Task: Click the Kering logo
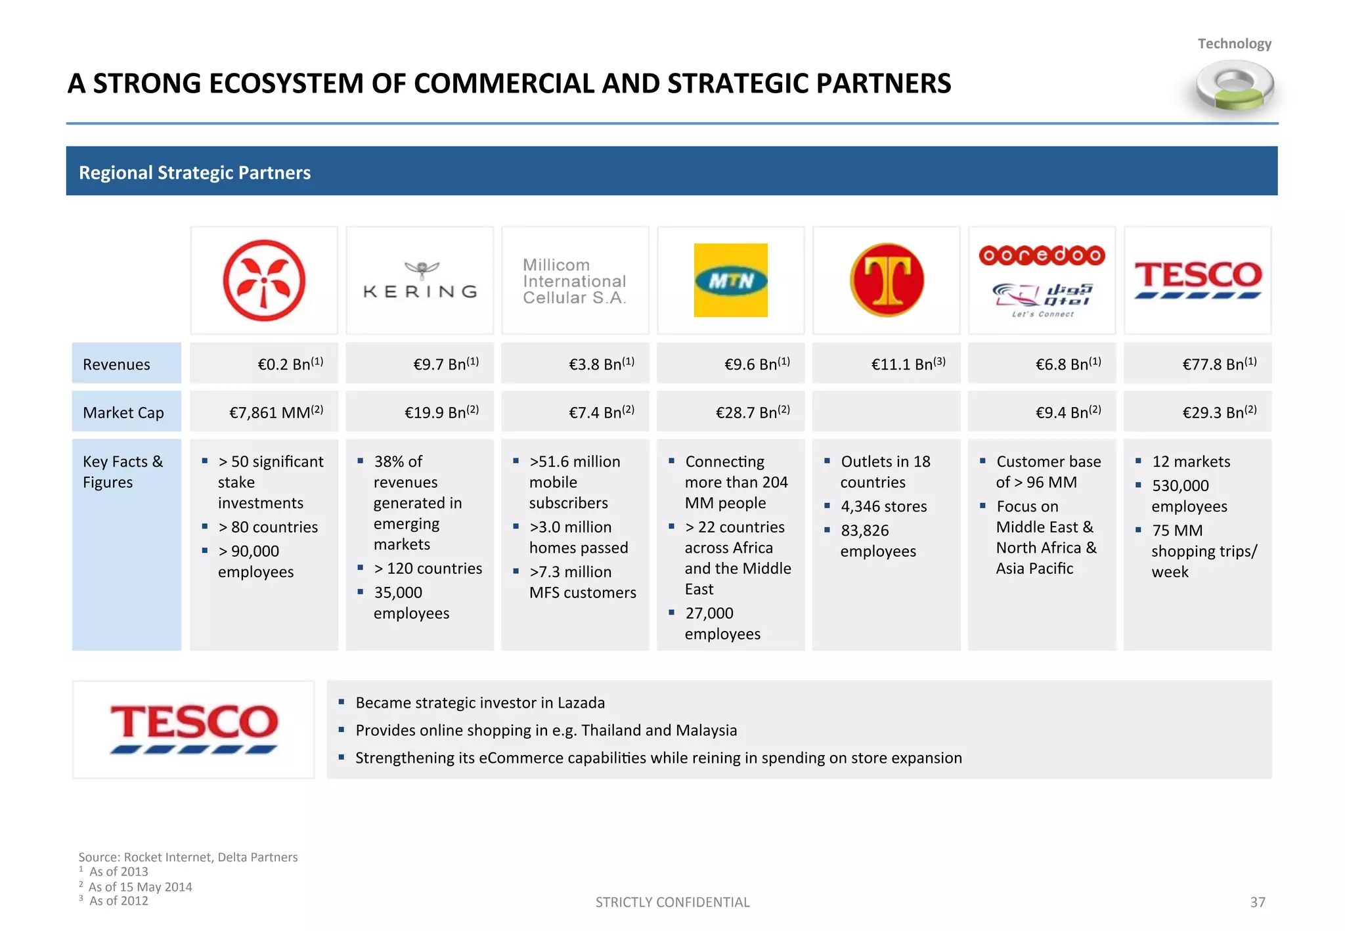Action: [x=420, y=281]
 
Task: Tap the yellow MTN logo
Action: [x=730, y=280]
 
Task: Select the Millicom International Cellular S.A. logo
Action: [x=575, y=281]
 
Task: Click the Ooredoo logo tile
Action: [x=1042, y=280]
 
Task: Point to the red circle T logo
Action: [x=887, y=280]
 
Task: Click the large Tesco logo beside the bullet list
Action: [x=194, y=729]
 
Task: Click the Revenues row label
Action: [x=116, y=364]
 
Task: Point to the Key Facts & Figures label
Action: [x=122, y=471]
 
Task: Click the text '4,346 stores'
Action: [x=883, y=506]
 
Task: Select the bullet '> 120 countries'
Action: [x=428, y=569]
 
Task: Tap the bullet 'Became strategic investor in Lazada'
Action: [x=480, y=703]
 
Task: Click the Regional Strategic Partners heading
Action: [x=195, y=173]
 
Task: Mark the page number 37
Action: [x=1257, y=902]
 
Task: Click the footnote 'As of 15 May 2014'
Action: [x=140, y=887]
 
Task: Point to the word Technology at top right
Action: [x=1234, y=44]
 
